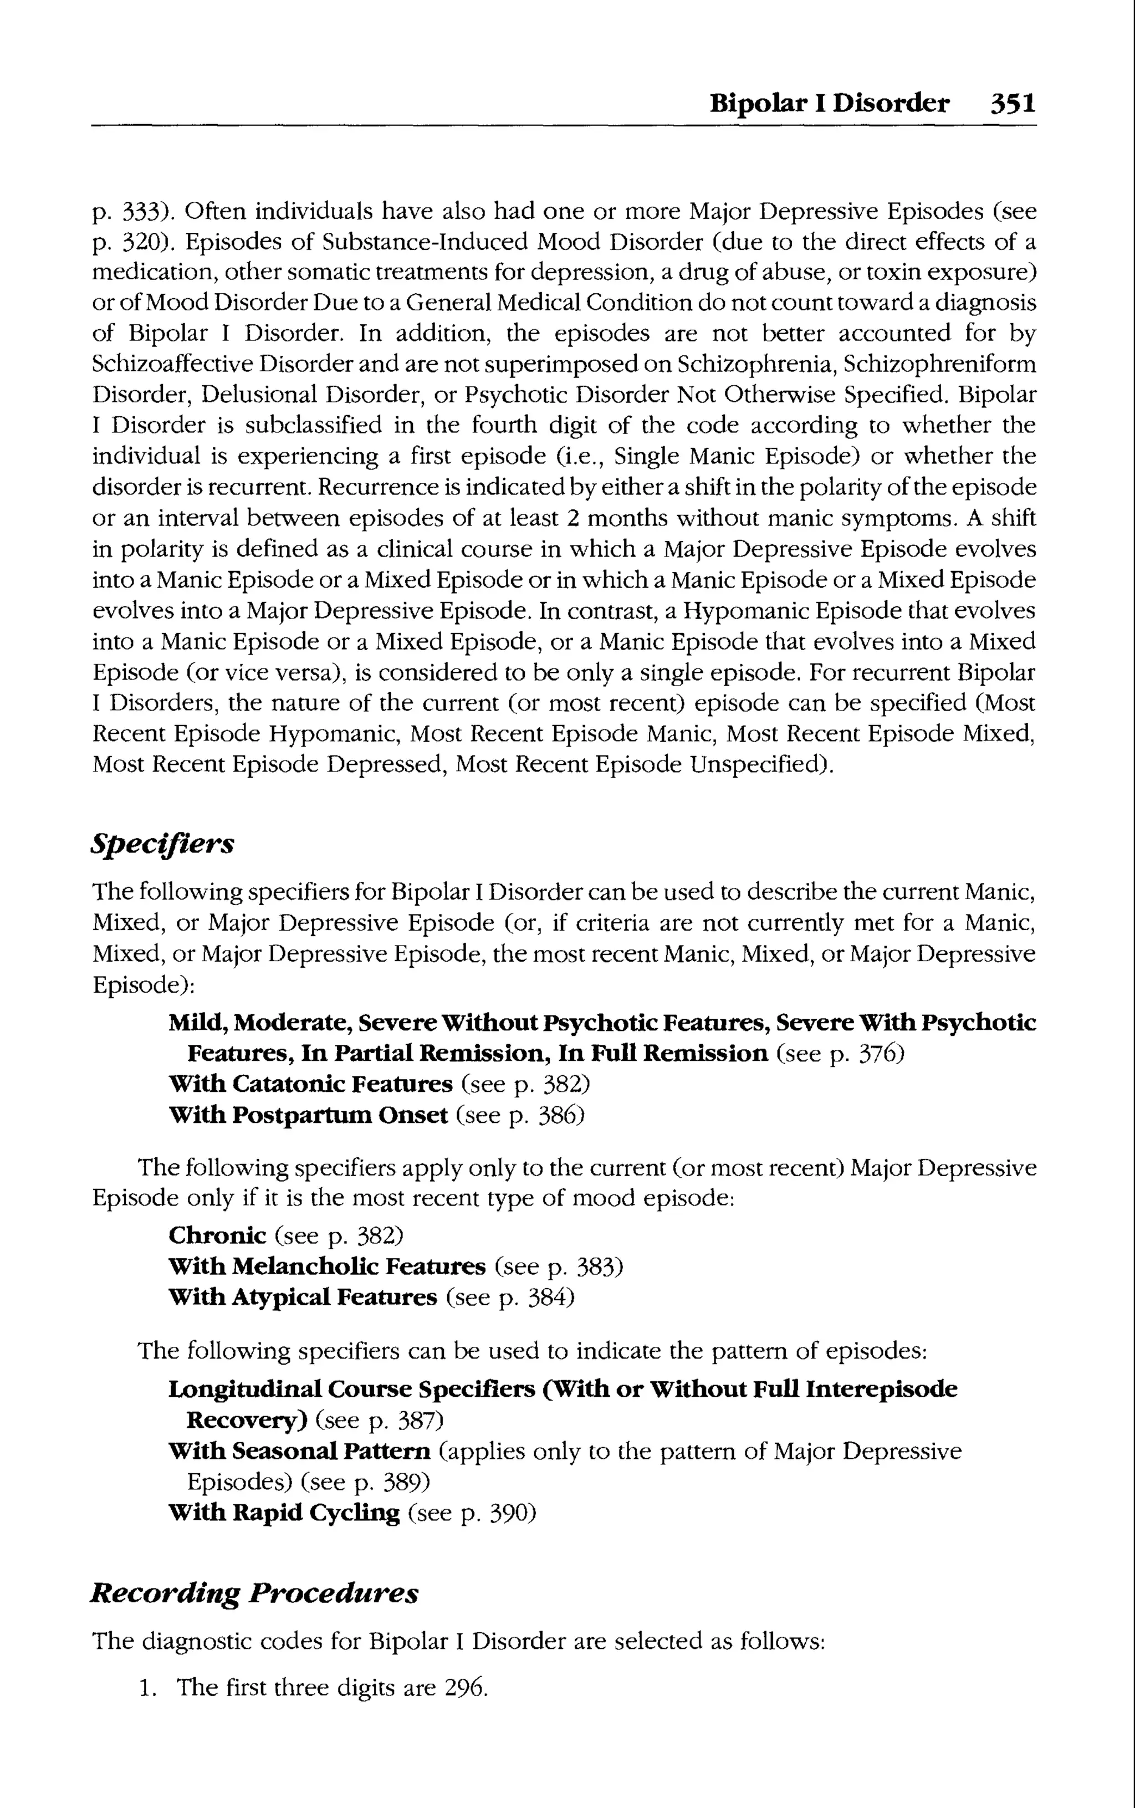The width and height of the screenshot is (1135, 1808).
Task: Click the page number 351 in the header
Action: pos(1013,103)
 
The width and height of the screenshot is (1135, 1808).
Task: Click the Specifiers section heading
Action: pos(162,844)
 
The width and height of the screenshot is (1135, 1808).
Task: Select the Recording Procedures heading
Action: pos(254,1592)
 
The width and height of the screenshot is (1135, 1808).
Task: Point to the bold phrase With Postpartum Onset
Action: pos(308,1115)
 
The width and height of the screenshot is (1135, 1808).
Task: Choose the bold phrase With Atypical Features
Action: pos(303,1298)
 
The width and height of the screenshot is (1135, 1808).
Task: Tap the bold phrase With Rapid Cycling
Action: pos(284,1512)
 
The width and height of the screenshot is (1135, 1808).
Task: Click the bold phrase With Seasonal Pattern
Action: pos(299,1451)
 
